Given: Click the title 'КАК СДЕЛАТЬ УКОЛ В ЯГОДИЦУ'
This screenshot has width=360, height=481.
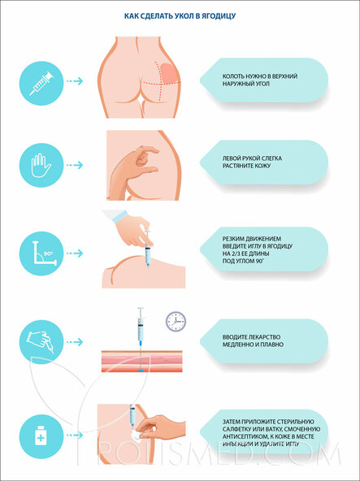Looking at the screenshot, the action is coord(180,16).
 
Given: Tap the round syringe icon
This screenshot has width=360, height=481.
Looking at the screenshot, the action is coord(41,83).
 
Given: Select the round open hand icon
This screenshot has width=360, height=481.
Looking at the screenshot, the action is coord(41,165).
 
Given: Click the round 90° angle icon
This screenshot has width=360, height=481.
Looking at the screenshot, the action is coord(41,253).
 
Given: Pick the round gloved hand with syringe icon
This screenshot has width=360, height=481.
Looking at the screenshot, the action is coord(41,342).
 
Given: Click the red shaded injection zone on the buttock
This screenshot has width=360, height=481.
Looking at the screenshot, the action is coord(168,73).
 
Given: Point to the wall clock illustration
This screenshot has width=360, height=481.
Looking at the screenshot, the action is coord(176,321).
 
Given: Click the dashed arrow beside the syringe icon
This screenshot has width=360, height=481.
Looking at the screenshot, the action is coord(75,81).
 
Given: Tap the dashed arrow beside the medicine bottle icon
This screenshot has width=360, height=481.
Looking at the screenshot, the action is coord(75,435).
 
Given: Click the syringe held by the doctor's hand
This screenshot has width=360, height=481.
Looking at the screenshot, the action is coord(148,249).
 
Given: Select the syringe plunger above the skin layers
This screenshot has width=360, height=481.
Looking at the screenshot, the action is coord(141,313).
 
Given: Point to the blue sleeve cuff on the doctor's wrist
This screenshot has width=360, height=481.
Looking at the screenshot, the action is coord(119,216).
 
